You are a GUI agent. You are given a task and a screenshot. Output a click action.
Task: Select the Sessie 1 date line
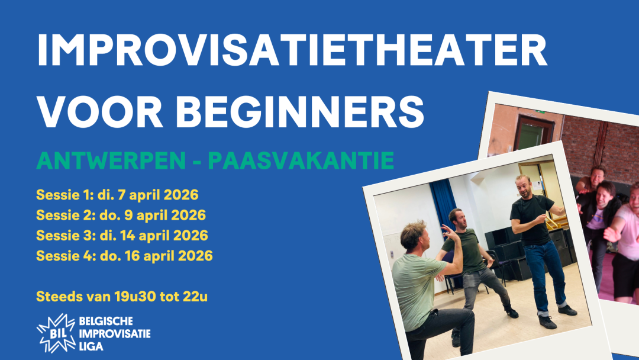click(x=117, y=195)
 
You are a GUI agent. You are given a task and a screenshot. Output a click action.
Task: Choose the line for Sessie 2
click(x=121, y=215)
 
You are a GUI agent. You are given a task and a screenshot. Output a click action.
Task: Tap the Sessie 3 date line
click(x=122, y=235)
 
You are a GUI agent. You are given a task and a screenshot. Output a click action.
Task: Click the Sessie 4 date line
click(x=124, y=256)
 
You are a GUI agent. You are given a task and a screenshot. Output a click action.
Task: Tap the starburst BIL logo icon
click(x=56, y=332)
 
